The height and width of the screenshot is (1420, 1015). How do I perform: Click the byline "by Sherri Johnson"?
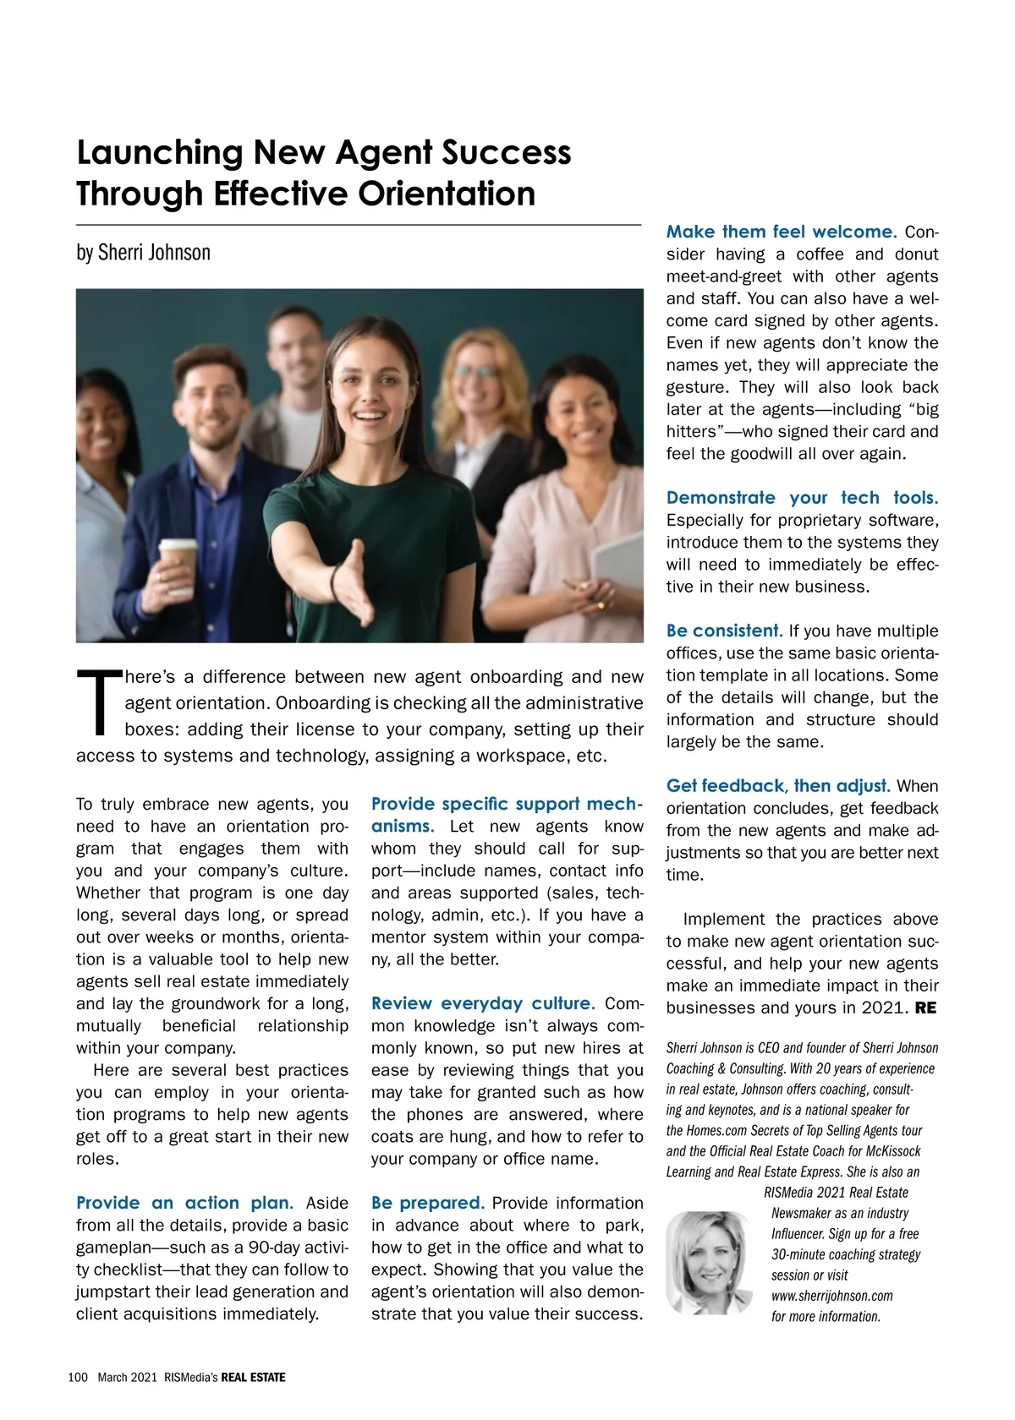(x=143, y=253)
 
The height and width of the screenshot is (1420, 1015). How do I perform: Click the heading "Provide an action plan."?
(x=184, y=1203)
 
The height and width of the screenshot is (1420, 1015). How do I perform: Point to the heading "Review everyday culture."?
(x=483, y=1003)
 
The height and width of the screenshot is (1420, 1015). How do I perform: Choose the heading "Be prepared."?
(x=427, y=1203)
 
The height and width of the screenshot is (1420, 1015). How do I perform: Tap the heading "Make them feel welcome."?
(x=781, y=232)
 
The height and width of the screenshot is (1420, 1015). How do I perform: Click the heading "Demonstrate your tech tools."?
(x=802, y=498)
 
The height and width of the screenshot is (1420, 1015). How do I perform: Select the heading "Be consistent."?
(x=724, y=631)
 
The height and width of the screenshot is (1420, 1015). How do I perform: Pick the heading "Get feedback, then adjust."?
(x=777, y=786)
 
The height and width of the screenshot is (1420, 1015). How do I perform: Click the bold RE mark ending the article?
(x=925, y=1008)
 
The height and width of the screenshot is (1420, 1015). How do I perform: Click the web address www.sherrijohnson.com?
(x=831, y=1296)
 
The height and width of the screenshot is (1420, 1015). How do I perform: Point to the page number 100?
(x=78, y=1378)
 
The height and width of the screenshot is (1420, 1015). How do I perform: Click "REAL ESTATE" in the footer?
(x=253, y=1378)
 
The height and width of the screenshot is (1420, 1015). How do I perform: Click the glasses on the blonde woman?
(x=475, y=371)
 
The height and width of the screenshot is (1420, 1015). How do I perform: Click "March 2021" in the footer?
(x=127, y=1378)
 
